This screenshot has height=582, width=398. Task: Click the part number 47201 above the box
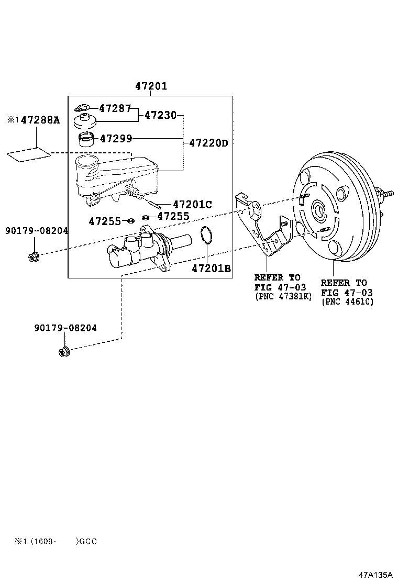point(151,86)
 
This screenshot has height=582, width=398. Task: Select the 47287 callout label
point(115,108)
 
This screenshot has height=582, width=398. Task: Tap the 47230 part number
point(161,115)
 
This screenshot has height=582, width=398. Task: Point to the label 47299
point(116,139)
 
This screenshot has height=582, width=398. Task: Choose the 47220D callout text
point(208,142)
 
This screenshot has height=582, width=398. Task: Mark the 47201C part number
point(192,205)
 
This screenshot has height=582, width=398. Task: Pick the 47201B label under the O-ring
point(211,268)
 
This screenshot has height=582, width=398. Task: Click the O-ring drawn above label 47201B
point(206,236)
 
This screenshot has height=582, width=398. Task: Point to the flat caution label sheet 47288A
point(30,154)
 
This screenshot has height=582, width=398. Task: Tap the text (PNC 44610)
point(347,302)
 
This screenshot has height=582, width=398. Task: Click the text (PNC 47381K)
point(283,296)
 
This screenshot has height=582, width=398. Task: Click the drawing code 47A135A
point(375,574)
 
